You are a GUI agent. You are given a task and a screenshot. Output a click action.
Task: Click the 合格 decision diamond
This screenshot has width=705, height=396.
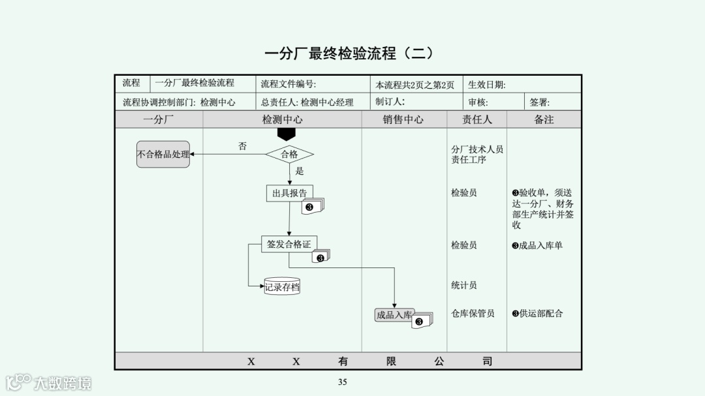pos(289,155)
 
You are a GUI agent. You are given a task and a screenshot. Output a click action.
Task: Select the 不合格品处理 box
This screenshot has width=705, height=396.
pos(163,155)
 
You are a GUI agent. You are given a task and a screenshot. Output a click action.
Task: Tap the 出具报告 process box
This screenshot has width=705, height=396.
pos(289,193)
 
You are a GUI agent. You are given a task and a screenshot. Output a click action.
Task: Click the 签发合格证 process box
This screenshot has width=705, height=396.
pos(289,244)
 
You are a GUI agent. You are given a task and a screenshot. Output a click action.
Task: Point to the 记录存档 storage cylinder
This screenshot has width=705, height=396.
pos(282,286)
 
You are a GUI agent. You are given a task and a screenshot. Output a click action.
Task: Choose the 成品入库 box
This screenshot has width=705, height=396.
pos(394,315)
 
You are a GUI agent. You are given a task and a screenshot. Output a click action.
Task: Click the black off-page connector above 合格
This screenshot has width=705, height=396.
pos(287,134)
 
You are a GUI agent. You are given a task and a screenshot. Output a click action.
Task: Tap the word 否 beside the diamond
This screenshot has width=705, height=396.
pos(242,146)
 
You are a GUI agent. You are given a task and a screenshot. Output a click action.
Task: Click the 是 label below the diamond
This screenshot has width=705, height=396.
pos(300,171)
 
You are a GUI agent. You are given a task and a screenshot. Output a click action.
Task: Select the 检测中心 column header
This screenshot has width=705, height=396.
pos(282,119)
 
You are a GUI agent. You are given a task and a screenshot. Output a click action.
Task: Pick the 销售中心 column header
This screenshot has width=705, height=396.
pos(403,119)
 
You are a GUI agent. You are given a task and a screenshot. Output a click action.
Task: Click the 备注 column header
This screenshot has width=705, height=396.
pos(544,119)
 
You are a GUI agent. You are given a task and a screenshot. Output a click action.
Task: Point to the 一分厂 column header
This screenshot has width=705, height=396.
pos(159,119)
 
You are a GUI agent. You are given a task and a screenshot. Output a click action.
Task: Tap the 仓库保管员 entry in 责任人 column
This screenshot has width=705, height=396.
pos(473,313)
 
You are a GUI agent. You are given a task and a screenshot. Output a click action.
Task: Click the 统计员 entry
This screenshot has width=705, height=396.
pos(463,285)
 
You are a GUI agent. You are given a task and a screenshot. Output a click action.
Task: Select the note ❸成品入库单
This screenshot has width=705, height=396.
pos(537,245)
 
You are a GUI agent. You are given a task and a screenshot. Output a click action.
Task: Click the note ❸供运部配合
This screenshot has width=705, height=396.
pos(537,313)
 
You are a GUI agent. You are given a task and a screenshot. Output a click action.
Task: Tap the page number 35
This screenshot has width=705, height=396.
pos(343,382)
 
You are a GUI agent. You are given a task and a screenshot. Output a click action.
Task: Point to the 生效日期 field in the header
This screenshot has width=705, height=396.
pos(486,84)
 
